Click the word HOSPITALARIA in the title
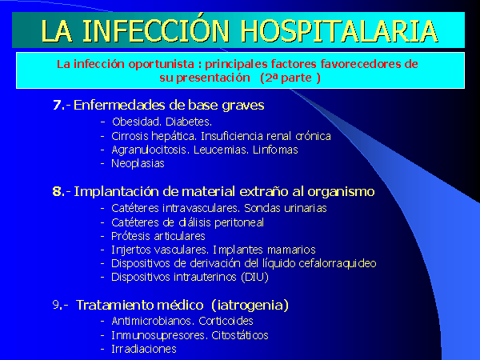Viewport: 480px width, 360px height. [339, 30]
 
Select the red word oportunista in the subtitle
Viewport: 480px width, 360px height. [161, 64]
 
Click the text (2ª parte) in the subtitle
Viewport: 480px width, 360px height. [290, 78]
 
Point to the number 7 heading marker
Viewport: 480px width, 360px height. [57, 106]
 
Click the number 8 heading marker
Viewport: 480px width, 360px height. [57, 192]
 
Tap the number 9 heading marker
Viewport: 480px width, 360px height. [56, 305]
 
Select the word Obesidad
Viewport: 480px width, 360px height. [137, 122]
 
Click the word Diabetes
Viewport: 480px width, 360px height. [189, 122]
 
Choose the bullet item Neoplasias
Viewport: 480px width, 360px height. [138, 164]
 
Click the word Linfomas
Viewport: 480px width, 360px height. [275, 150]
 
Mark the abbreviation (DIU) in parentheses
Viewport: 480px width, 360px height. [254, 277]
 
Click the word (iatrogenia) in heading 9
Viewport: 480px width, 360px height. [250, 306]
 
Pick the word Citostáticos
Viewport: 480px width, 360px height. [240, 335]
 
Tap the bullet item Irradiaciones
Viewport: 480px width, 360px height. [144, 349]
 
